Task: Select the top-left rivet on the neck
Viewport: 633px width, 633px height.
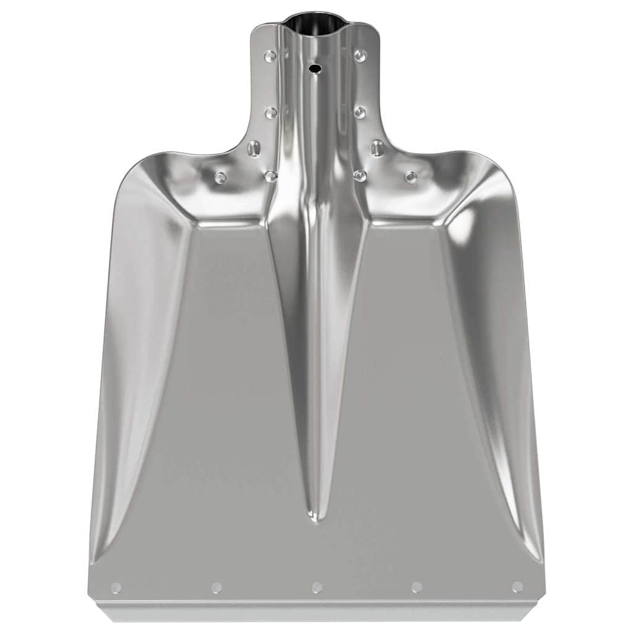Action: tap(270, 56)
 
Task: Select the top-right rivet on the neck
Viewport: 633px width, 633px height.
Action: tap(360, 56)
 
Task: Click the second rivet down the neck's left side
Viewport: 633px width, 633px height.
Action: tap(271, 113)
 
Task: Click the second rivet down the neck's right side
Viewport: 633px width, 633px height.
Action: tap(360, 113)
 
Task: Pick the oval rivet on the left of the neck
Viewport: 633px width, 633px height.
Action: tap(253, 148)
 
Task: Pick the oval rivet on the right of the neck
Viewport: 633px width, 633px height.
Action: tap(377, 148)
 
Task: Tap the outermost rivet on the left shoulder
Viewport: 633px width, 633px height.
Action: tap(220, 177)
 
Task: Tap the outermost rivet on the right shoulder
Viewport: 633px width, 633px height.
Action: tap(410, 177)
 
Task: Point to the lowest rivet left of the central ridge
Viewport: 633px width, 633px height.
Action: tap(271, 176)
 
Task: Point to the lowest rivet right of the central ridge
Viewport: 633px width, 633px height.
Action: tap(360, 176)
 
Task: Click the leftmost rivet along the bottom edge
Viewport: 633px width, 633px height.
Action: tap(116, 587)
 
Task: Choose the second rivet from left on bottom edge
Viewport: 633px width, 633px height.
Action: tap(216, 587)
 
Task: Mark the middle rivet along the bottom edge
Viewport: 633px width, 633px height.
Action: tap(316, 587)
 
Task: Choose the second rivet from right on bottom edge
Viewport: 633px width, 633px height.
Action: tap(417, 587)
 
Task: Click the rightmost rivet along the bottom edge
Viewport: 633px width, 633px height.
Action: tap(517, 587)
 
